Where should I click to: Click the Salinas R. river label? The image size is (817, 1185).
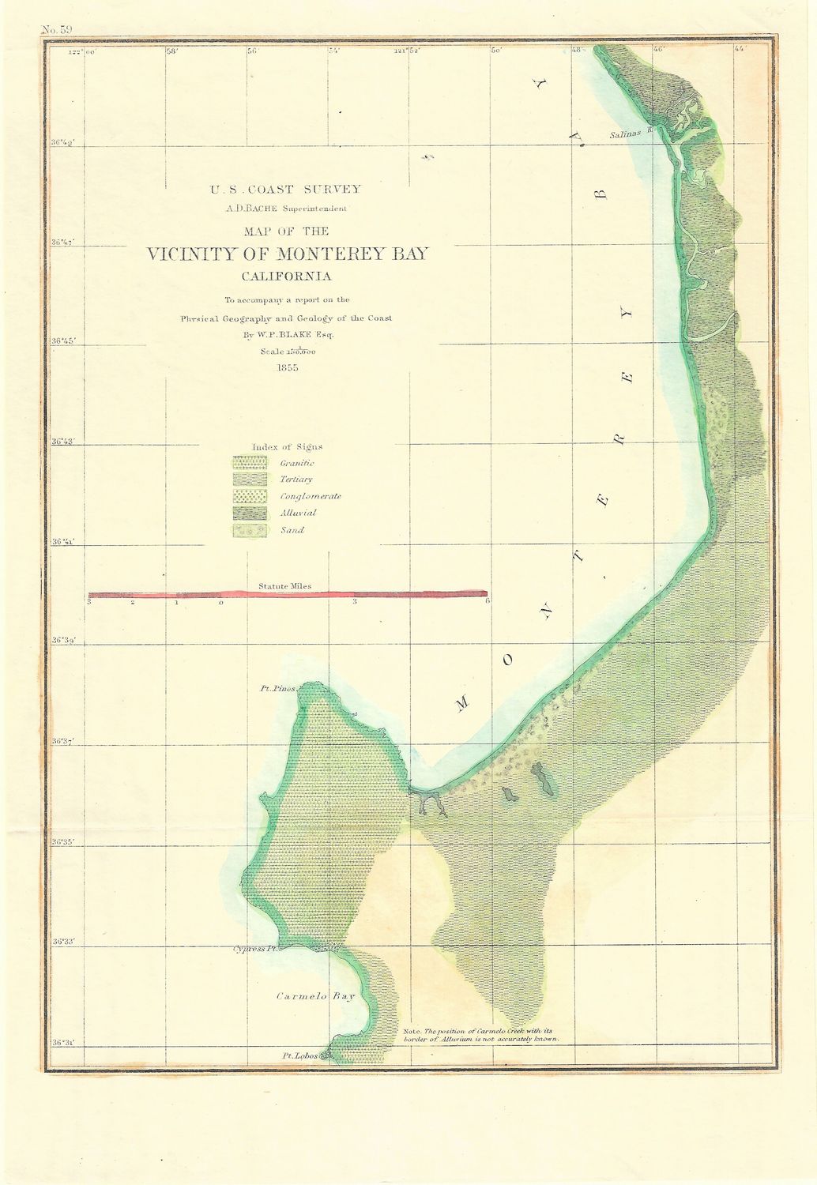[629, 135]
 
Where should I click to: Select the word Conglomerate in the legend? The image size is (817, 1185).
[311, 496]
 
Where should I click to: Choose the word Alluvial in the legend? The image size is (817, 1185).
[299, 513]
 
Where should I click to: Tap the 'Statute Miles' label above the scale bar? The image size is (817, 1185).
[284, 586]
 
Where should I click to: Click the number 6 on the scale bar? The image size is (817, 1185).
[488, 602]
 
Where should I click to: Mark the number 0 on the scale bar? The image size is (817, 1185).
[221, 603]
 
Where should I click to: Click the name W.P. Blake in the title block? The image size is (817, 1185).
[303, 334]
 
